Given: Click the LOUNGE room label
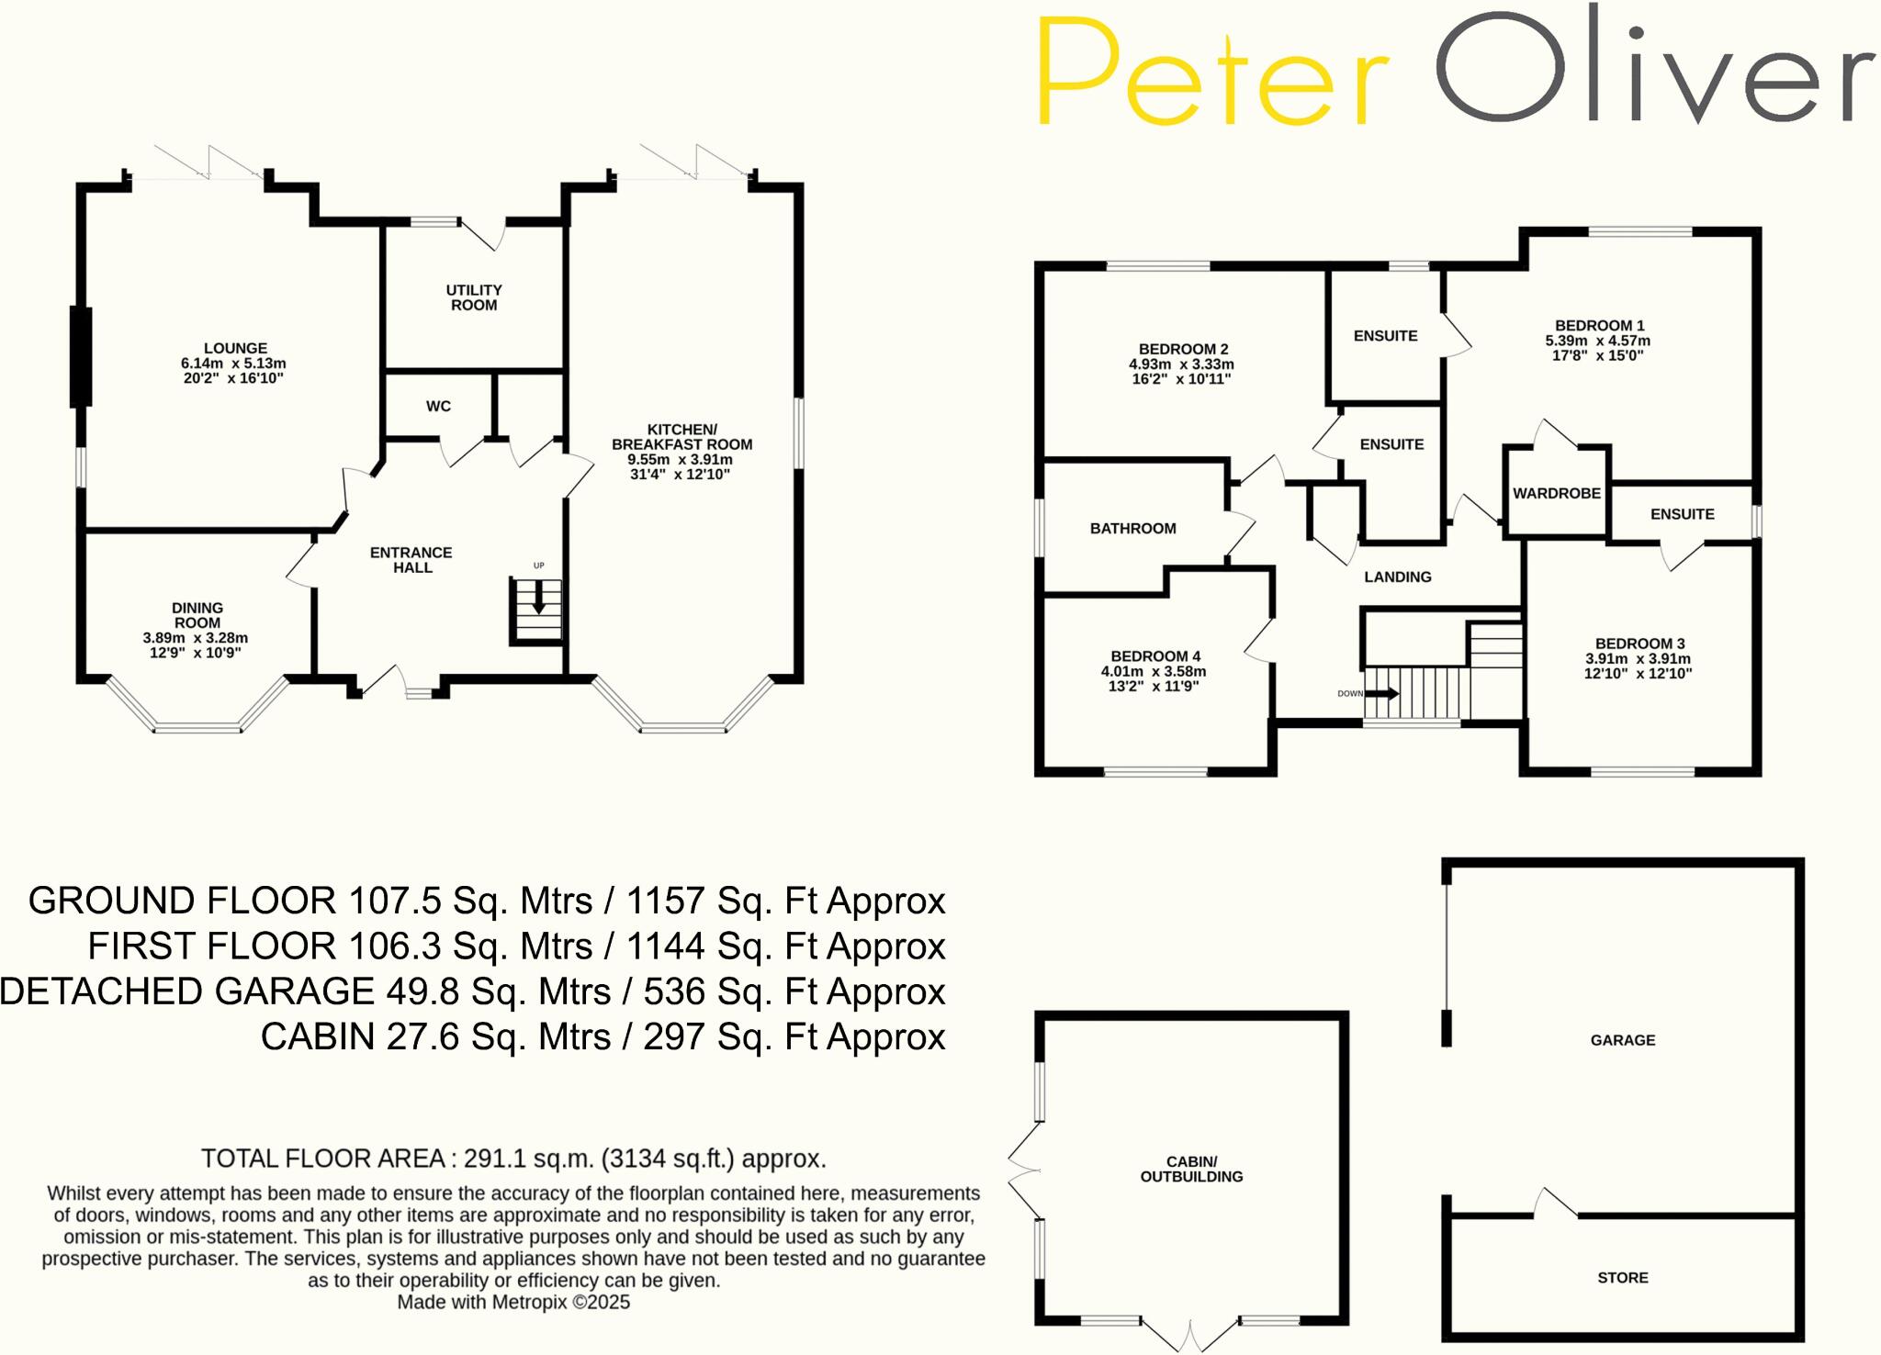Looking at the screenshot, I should click(235, 348).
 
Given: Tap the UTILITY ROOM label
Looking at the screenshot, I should click(474, 297).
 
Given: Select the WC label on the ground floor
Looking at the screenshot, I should click(438, 406).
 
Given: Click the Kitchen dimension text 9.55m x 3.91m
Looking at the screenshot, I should click(680, 460).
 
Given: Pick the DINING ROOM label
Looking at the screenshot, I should click(197, 615).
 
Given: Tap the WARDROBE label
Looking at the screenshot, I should click(1557, 493).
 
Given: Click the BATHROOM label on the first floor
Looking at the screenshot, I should click(1132, 528).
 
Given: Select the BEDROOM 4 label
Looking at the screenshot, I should click(1155, 655).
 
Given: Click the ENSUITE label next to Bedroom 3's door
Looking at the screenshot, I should click(1682, 514).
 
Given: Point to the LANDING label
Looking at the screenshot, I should click(1397, 577).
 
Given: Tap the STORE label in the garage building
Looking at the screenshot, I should click(1622, 1277).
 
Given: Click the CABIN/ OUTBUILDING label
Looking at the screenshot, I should click(1191, 1169).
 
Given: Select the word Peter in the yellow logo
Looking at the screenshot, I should click(1212, 73).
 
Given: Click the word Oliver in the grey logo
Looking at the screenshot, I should click(1653, 69).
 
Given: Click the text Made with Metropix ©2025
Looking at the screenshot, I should click(513, 1302).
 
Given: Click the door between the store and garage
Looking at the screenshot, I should click(1556, 1204).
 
